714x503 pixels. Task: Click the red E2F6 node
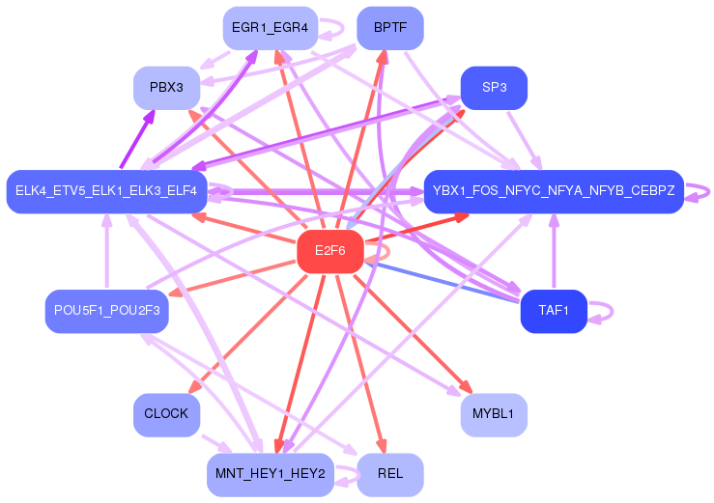[330, 251]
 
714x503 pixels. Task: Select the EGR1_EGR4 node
[270, 28]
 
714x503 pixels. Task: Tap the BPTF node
[390, 28]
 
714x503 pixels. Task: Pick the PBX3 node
[166, 88]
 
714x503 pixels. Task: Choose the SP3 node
[494, 88]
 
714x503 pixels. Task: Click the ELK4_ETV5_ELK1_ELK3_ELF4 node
[106, 191]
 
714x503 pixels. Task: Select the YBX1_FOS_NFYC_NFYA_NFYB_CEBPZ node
[554, 191]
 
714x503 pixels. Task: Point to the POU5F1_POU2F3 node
[107, 312]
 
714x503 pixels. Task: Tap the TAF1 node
[554, 312]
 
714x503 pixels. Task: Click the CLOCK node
[166, 415]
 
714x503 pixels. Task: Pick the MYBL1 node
[494, 415]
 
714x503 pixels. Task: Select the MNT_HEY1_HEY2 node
[270, 475]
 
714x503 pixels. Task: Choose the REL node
[390, 475]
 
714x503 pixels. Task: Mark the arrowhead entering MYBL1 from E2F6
[467, 386]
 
